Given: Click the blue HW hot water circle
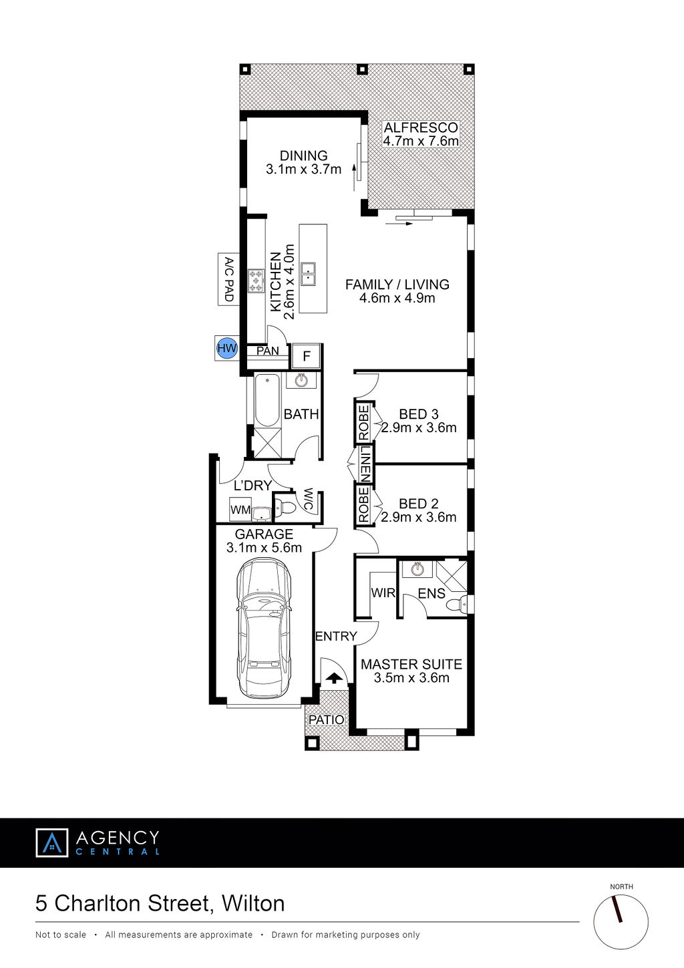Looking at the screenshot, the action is point(227,348).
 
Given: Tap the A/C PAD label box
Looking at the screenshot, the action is point(228,279).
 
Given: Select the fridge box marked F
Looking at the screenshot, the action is point(307,356).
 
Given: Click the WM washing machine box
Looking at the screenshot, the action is point(240,510).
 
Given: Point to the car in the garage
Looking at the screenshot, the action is point(264,629).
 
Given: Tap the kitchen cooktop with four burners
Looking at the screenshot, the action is point(256,281).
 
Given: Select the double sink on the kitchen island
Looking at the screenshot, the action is point(308,273).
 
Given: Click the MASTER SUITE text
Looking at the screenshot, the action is point(411,664).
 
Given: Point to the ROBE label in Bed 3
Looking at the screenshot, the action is point(363,423).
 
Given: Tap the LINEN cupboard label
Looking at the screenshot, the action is point(365,464).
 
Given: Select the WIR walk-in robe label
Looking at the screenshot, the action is point(383,593).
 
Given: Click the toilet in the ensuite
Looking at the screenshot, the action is point(457,604).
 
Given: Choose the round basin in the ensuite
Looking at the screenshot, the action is point(417,569).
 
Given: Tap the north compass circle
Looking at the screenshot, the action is point(621,922).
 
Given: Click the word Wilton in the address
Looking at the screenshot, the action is point(253,903).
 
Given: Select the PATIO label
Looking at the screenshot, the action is point(326,720).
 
